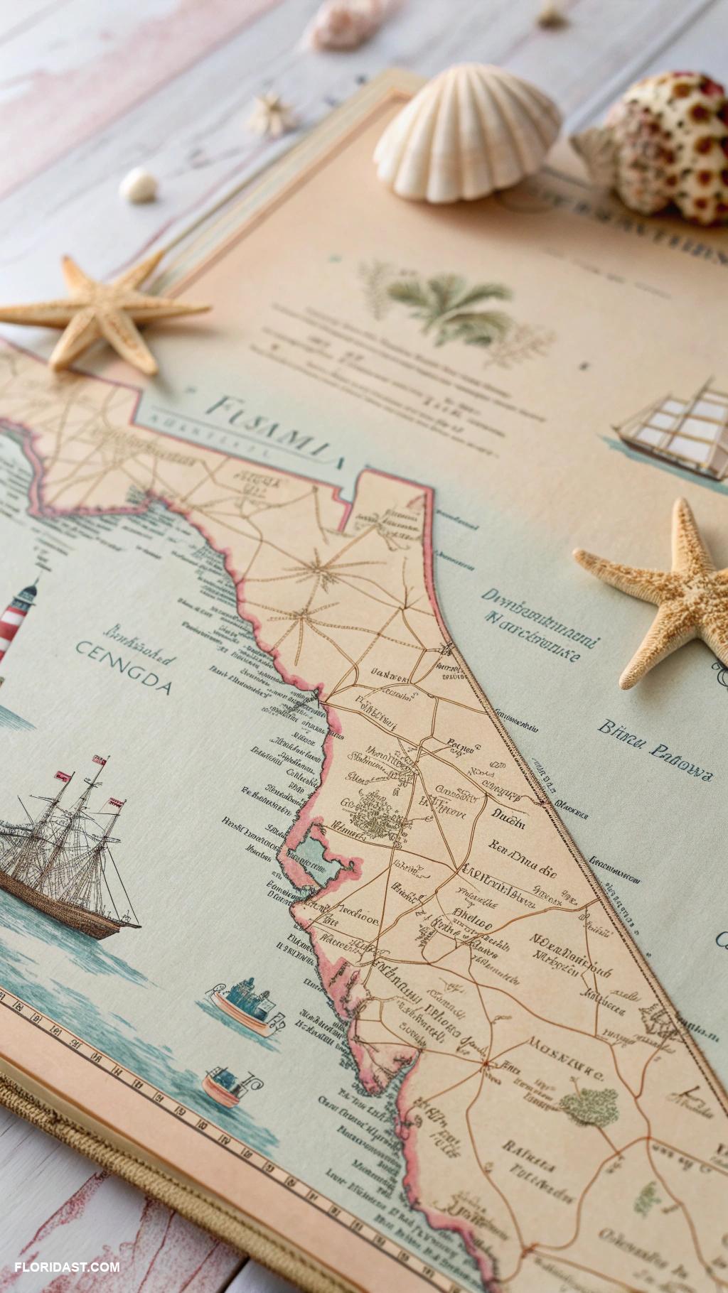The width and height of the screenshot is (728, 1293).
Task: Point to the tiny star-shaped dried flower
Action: [x=272, y=112]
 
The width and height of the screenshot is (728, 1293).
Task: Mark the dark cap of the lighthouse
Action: [x=28, y=589]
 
